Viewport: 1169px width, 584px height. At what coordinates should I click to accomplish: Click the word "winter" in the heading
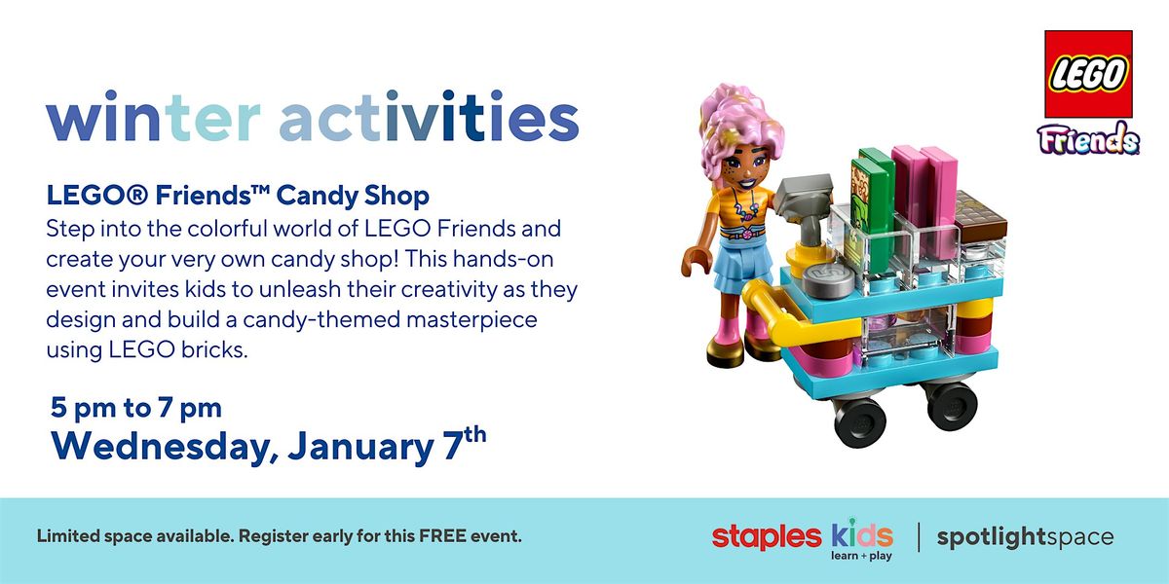point(154,119)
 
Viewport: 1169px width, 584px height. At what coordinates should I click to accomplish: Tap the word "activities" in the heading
point(429,119)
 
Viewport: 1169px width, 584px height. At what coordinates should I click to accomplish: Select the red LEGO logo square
point(1088,74)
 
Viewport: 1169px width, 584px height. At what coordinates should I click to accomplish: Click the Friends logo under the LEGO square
point(1088,139)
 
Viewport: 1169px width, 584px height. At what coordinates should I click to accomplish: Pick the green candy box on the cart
point(874,204)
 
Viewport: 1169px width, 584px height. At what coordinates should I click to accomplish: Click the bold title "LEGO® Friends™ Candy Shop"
point(238,197)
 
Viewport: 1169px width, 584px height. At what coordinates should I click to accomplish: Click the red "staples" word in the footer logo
point(767,536)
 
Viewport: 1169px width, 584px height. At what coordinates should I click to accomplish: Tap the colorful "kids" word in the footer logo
point(861,534)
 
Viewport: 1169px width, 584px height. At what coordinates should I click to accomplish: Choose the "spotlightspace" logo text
point(1024,537)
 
